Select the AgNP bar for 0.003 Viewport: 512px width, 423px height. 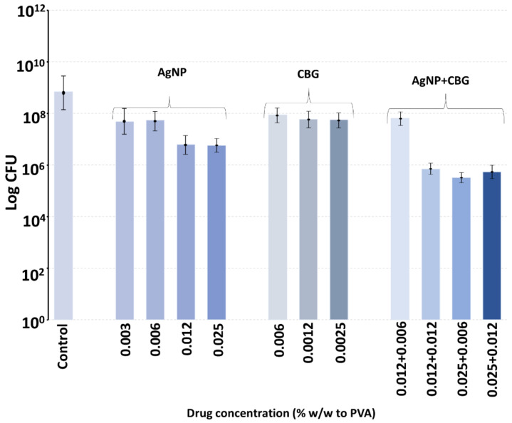pyautogui.click(x=125, y=221)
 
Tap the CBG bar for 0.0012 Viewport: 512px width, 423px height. pyautogui.click(x=308, y=220)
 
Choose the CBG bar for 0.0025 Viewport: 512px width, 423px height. pyautogui.click(x=339, y=220)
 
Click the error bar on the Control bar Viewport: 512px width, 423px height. pyautogui.click(x=63, y=93)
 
